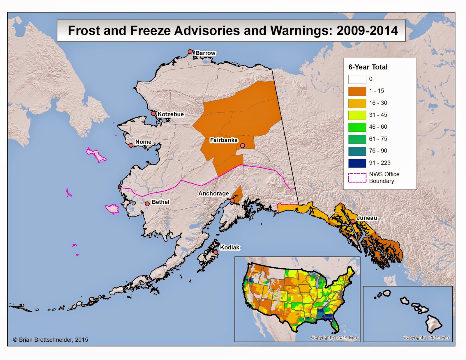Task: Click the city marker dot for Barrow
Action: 190,52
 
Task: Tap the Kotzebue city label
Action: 171,114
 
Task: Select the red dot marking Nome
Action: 131,145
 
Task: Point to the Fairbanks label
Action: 224,140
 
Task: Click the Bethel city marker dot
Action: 147,204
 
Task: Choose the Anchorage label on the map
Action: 213,194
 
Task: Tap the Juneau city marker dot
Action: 353,221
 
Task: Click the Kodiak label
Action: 230,247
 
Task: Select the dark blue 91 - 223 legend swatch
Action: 357,163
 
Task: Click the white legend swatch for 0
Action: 357,79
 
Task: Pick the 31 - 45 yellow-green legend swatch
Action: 357,115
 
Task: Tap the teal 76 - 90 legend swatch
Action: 357,151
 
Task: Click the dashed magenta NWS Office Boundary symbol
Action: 357,178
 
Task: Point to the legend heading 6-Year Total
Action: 368,67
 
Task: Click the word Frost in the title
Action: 84,31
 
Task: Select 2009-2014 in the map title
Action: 367,31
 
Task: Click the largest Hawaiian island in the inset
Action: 433,324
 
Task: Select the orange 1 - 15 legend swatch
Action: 357,91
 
